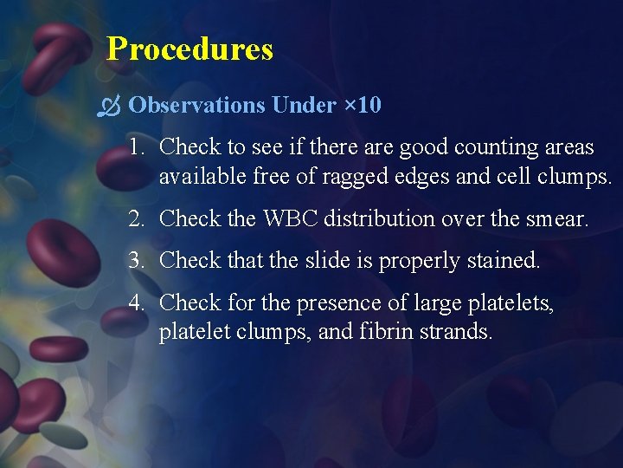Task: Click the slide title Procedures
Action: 189,49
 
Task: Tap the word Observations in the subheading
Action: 196,106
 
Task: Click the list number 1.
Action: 136,147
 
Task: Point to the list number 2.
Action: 136,219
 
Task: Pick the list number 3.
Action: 136,260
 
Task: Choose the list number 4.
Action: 136,302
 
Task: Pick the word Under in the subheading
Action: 303,106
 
